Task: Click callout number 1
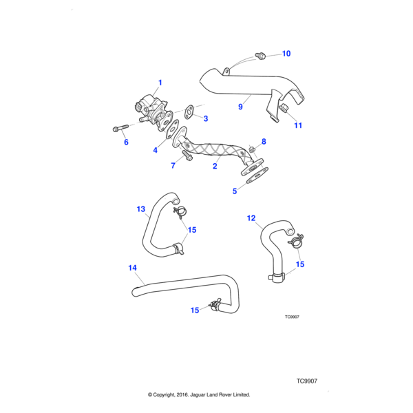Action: click(160, 83)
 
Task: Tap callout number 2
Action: click(215, 166)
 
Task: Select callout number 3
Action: click(205, 118)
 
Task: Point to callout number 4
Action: click(156, 149)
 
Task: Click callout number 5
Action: click(234, 191)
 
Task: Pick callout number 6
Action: click(126, 142)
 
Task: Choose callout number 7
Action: click(173, 166)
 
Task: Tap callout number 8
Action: click(263, 141)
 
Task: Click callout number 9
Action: click(240, 107)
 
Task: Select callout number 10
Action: click(286, 54)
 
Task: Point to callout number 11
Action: click(298, 125)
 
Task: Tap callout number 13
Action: click(141, 208)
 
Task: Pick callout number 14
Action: click(133, 268)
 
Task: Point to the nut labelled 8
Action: click(253, 149)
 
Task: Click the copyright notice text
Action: click(199, 395)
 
